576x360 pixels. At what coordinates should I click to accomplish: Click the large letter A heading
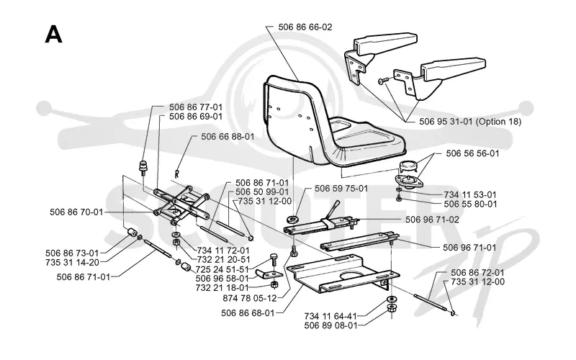(x=53, y=35)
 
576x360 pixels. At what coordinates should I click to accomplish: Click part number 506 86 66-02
(x=305, y=27)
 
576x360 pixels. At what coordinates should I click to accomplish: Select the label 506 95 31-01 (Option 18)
(x=470, y=121)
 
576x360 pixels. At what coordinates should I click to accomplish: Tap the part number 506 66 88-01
(x=228, y=137)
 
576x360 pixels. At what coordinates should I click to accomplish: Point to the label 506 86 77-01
(x=196, y=107)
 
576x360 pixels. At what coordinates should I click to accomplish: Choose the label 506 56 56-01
(x=473, y=153)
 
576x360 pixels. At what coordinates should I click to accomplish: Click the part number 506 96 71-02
(x=433, y=220)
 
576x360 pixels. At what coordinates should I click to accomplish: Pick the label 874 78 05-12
(x=250, y=298)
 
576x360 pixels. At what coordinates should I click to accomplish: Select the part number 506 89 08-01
(x=330, y=325)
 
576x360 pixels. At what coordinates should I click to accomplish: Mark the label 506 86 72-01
(x=477, y=273)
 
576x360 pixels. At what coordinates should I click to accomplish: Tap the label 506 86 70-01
(x=76, y=212)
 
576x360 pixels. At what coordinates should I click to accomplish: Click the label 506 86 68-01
(x=248, y=313)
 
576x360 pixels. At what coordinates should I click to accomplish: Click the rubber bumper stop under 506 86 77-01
(x=143, y=167)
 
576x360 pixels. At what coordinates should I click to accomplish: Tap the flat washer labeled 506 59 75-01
(x=294, y=220)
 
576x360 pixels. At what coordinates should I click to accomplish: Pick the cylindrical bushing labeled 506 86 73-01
(x=132, y=233)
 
